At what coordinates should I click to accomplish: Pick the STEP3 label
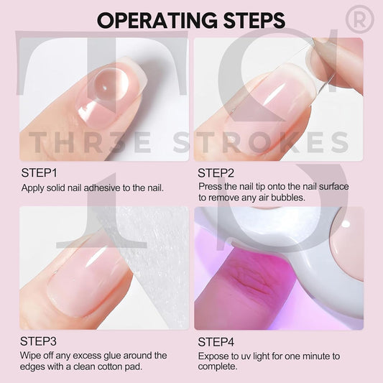tap(39, 341)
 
